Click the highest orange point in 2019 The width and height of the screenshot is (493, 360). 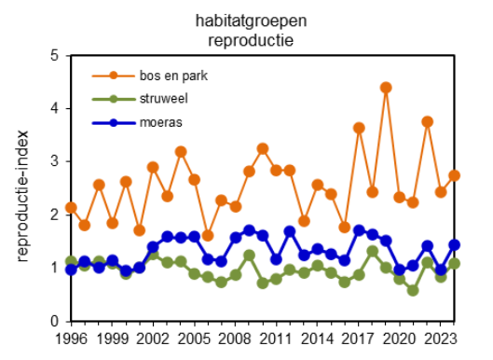coord(386,88)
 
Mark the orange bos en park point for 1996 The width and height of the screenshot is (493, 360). coord(71,208)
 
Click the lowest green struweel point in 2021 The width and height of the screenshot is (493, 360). coord(413,290)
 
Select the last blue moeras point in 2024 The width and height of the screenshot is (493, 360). coord(454,245)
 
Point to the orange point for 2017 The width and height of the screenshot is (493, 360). coord(359,128)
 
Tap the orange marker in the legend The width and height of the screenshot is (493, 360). coord(112,76)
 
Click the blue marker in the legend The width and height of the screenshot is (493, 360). coord(112,122)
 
